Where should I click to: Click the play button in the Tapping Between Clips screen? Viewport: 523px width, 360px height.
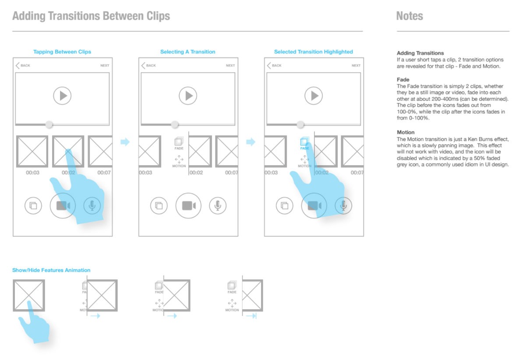(x=62, y=96)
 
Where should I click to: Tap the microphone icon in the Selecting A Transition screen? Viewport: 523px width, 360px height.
(x=218, y=205)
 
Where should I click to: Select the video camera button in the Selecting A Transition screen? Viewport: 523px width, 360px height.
(x=188, y=205)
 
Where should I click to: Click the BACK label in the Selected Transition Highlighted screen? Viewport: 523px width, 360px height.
(x=276, y=65)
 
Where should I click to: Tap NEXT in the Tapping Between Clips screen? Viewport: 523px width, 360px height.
(x=105, y=65)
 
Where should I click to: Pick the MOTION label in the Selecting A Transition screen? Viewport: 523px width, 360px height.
(x=179, y=166)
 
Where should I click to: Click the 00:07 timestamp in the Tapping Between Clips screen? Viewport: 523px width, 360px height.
(x=104, y=173)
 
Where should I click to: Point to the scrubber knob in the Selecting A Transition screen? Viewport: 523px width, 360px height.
(x=175, y=124)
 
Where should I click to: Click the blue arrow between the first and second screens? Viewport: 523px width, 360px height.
(x=125, y=142)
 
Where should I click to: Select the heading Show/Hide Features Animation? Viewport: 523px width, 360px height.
(x=51, y=270)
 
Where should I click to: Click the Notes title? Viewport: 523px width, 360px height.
(x=410, y=16)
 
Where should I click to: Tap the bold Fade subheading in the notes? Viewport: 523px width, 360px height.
(x=403, y=79)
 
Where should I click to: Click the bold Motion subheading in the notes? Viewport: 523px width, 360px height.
(x=406, y=132)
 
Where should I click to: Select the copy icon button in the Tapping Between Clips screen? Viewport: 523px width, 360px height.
(x=33, y=205)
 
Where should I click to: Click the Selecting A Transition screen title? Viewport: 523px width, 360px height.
(x=188, y=52)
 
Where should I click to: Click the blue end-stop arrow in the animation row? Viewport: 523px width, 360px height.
(x=251, y=316)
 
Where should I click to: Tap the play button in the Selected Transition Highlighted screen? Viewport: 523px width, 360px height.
(x=314, y=96)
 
